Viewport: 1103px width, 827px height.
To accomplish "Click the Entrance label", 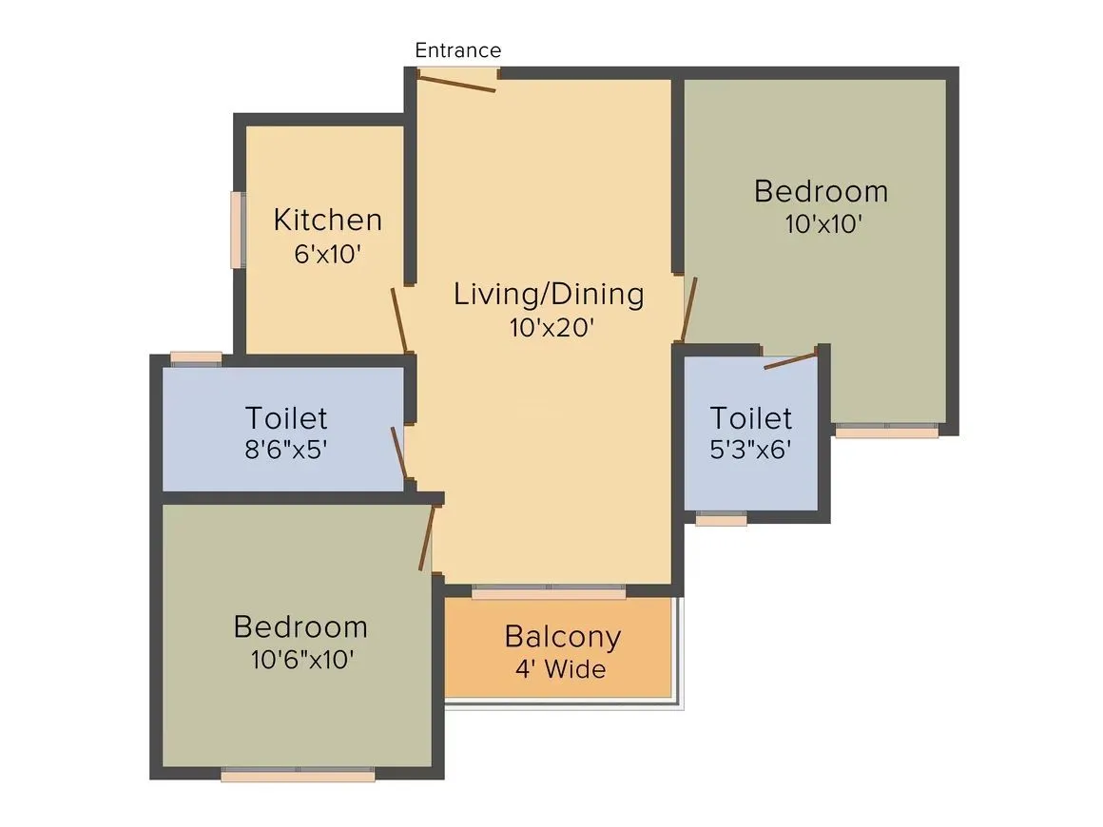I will [457, 50].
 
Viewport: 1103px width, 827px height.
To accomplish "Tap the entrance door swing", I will [457, 83].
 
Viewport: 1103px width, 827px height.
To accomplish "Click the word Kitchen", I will [327, 220].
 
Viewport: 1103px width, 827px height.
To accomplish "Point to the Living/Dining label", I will [549, 294].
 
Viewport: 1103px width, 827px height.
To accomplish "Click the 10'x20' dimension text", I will [551, 328].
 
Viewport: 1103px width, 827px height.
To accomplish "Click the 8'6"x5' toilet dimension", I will [286, 450].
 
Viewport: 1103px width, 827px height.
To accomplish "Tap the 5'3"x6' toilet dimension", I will [751, 450].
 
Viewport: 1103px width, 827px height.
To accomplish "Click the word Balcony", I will [562, 636].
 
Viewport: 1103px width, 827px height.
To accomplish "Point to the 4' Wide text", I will [560, 669].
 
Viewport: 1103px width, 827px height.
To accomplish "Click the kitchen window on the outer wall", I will [238, 230].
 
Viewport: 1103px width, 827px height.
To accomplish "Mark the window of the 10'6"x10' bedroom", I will [298, 775].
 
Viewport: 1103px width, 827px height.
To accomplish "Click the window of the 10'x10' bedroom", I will [886, 431].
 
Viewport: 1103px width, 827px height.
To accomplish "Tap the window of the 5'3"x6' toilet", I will [721, 519].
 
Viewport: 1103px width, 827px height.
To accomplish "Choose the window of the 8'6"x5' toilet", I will [196, 357].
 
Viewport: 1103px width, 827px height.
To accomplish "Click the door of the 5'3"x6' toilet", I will [790, 360].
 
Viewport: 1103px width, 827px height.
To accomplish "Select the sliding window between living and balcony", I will [549, 592].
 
